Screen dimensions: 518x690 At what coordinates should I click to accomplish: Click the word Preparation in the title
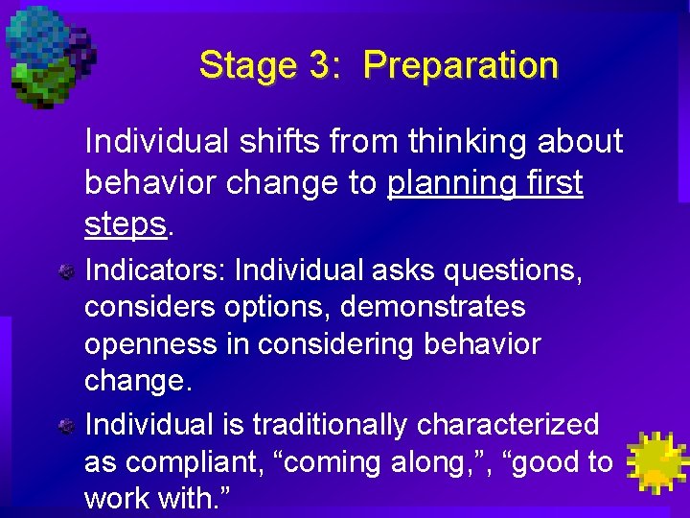click(x=460, y=66)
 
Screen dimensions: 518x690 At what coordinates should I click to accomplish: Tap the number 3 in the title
click(x=319, y=65)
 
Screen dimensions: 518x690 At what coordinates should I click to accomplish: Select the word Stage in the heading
click(x=248, y=66)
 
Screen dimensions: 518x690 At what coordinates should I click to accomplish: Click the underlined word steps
click(x=126, y=224)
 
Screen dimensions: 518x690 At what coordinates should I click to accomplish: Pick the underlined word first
click(x=551, y=182)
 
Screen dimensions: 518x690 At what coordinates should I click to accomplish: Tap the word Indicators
click(x=153, y=271)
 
